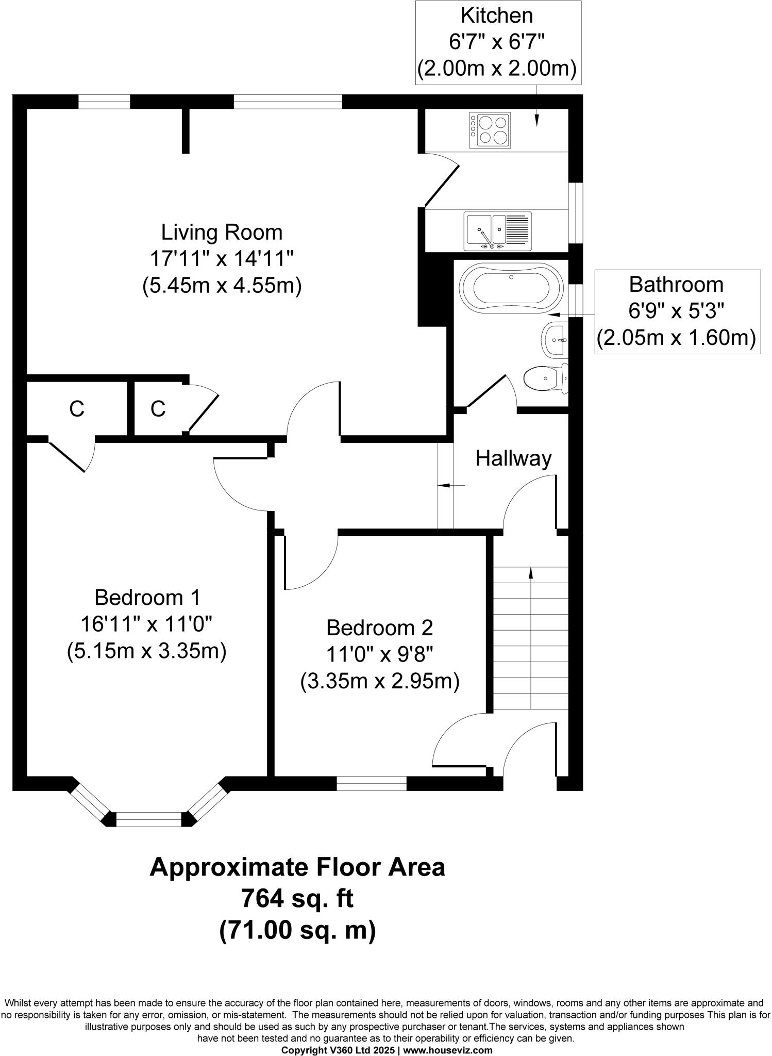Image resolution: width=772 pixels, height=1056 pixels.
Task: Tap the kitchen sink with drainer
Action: (x=497, y=231)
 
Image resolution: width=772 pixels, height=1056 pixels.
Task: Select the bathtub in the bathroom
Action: (x=511, y=288)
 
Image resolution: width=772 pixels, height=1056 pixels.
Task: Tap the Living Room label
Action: (x=222, y=232)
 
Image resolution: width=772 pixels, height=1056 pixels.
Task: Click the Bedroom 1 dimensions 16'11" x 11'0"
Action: (x=146, y=624)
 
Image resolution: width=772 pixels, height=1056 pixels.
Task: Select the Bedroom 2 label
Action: (x=380, y=628)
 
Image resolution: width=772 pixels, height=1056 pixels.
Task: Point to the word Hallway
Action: (x=513, y=458)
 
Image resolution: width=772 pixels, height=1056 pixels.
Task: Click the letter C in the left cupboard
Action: (x=77, y=409)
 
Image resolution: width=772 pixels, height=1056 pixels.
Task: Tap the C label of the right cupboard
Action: (x=158, y=409)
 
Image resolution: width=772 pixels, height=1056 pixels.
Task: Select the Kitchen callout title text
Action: (x=497, y=15)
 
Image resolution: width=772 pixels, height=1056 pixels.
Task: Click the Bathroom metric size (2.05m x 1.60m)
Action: (x=676, y=338)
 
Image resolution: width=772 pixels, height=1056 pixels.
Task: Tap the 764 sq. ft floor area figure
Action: (x=297, y=899)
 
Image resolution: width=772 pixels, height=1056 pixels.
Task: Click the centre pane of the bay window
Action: (x=149, y=820)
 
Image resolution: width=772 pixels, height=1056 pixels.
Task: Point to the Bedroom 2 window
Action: (x=372, y=783)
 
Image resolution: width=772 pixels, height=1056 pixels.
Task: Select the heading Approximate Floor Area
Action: (x=297, y=867)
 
